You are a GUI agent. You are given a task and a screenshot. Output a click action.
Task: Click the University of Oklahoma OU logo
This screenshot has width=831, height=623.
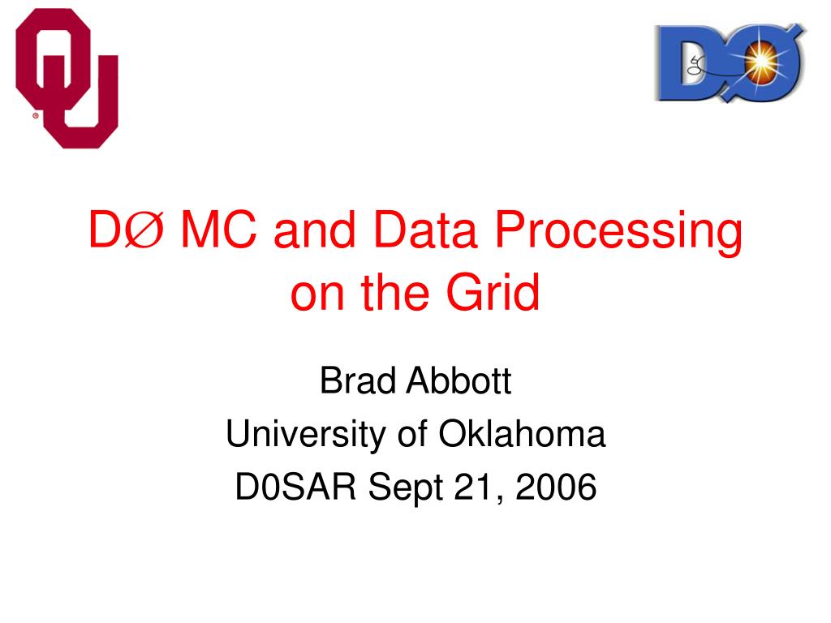pos(67,79)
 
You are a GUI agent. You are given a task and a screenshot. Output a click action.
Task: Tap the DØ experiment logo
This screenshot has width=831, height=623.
pos(731,62)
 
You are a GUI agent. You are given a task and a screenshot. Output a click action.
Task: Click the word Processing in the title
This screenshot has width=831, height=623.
pos(618,231)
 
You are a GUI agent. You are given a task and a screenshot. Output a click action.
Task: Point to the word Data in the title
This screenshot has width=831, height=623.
pos(425,230)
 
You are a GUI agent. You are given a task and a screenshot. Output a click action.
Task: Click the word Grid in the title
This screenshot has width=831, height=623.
pos(493,292)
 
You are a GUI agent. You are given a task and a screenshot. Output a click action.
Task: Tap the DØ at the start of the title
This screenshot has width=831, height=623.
pos(126,230)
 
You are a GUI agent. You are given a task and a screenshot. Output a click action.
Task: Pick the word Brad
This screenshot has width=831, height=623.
pos(358,380)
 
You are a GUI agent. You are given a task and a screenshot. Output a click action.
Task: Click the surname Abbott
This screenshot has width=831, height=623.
pos(459,380)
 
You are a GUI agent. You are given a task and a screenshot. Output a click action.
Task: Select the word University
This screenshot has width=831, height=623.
pos(305,435)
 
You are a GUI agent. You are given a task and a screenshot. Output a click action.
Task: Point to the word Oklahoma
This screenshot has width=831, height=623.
pos(522,433)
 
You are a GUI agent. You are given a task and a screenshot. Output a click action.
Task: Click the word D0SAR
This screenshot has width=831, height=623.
pos(295,487)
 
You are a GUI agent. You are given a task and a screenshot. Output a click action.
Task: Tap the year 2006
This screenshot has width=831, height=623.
pos(556,487)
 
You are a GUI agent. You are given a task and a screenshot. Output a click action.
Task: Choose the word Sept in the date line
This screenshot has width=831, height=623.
pos(406,488)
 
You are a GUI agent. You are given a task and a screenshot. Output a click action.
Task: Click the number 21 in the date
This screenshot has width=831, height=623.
pos(474,488)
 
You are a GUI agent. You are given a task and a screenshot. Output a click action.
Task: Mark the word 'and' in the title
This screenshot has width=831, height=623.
pos(314,230)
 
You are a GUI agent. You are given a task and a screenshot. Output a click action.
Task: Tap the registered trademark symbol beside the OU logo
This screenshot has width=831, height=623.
pos(36,115)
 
